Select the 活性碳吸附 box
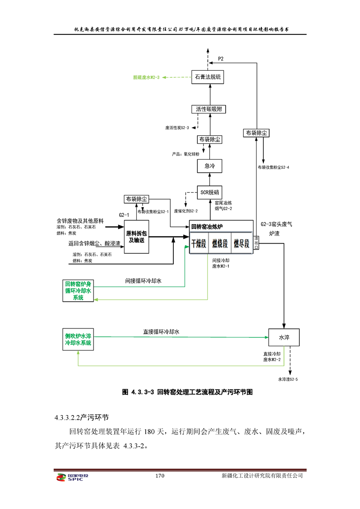(x=208, y=109)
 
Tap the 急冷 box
(x=209, y=166)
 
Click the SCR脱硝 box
(x=210, y=192)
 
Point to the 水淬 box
(x=284, y=337)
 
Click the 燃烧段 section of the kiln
(x=220, y=243)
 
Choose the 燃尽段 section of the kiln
(x=241, y=243)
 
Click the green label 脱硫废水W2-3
(x=146, y=78)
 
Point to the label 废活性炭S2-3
(x=177, y=128)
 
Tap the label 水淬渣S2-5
(x=288, y=378)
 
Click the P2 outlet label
(x=221, y=59)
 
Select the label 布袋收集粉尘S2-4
(x=273, y=167)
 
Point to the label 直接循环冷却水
(x=158, y=332)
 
